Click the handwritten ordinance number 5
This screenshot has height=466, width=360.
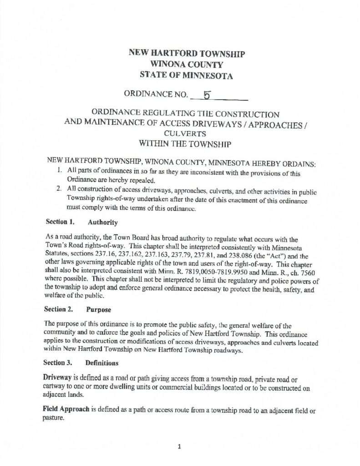[x=207, y=95]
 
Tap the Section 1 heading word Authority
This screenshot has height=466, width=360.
[x=103, y=223]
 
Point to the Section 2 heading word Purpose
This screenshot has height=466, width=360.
[x=99, y=309]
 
